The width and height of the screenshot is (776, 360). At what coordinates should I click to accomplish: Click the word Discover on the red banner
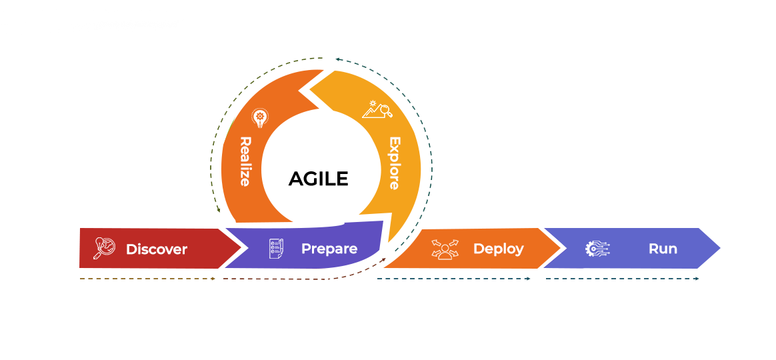(x=156, y=249)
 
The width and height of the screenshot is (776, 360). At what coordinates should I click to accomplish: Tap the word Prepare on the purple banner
(x=329, y=249)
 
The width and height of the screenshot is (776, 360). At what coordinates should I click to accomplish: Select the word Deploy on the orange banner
(x=498, y=249)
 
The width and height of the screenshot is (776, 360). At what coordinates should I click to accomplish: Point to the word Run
(x=663, y=249)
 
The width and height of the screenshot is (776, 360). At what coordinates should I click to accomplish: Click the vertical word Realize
(x=245, y=161)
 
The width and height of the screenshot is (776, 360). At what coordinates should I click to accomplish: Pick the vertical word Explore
(x=394, y=163)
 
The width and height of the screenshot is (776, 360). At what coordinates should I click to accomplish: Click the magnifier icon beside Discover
(x=104, y=248)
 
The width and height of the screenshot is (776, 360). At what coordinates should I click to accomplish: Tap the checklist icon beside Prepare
(x=276, y=249)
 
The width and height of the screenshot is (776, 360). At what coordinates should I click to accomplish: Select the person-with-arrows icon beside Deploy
(x=445, y=249)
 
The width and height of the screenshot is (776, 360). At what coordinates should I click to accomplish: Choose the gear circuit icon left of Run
(x=597, y=249)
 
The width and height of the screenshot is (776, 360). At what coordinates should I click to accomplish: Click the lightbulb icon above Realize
(x=260, y=118)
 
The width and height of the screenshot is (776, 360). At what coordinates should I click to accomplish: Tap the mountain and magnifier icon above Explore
(x=377, y=109)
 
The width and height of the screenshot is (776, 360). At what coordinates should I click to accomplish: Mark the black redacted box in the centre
(x=318, y=179)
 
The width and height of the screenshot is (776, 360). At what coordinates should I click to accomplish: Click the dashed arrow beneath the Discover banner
(x=147, y=279)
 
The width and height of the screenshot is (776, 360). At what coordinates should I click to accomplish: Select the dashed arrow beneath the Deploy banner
(x=453, y=279)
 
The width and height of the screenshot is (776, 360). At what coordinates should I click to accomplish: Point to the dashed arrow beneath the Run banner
(x=621, y=279)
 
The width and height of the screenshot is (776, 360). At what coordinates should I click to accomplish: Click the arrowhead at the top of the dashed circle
(x=338, y=59)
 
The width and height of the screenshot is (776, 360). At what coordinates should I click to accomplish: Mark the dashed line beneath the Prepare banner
(x=280, y=279)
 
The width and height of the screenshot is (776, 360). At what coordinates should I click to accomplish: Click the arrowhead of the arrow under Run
(x=697, y=279)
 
